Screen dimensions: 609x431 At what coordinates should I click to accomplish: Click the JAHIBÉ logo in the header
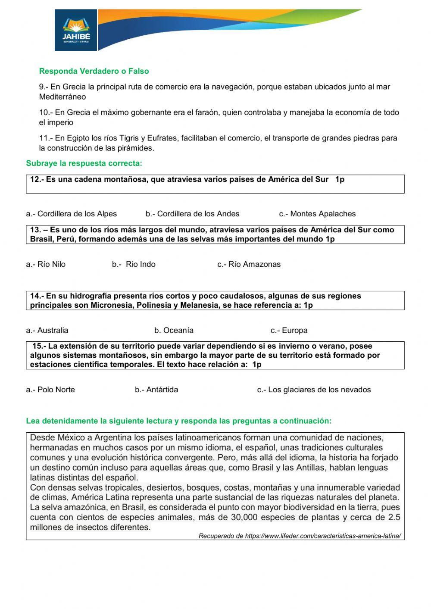point(76,30)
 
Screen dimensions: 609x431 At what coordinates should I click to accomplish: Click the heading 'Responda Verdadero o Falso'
point(94,71)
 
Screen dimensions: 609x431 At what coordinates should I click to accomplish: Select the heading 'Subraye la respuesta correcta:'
point(84,163)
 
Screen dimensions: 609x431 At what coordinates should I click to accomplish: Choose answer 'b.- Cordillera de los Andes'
point(192,214)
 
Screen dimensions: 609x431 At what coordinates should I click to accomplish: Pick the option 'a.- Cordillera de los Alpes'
point(71,214)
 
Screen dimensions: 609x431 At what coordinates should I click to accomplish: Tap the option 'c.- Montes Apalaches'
point(317,214)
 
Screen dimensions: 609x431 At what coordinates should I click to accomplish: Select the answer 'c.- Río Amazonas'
point(249,264)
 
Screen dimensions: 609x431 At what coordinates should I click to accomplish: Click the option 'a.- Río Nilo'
point(46,264)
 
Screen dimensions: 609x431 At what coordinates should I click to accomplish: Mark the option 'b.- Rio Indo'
point(134,264)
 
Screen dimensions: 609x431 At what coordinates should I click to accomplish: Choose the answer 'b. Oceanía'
point(174,331)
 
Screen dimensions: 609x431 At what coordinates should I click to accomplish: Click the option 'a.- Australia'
point(47,331)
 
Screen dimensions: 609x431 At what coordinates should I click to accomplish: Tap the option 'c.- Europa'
point(289,331)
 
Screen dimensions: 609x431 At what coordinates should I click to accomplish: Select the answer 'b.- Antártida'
point(156,390)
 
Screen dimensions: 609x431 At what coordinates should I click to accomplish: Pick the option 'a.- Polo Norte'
point(50,390)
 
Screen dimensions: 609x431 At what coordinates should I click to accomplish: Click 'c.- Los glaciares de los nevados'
point(314,390)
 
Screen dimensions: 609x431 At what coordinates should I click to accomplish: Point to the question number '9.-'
point(44,87)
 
